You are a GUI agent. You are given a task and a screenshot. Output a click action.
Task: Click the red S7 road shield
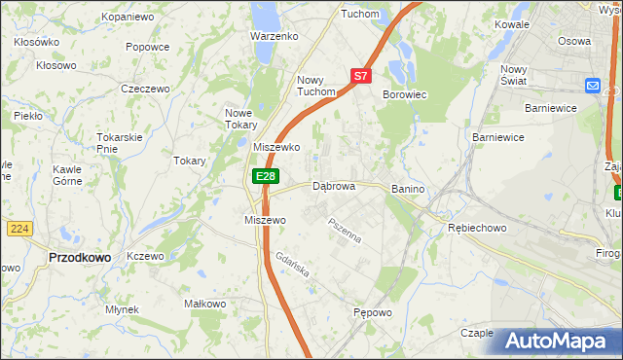click(x=360, y=75)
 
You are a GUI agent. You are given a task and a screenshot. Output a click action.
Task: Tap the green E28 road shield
click(x=266, y=176)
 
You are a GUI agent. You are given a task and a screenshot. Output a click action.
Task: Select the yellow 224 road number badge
click(x=18, y=229)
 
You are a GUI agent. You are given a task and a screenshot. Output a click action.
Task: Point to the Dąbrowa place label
click(x=333, y=186)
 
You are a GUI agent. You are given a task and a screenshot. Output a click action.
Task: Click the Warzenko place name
click(x=274, y=35)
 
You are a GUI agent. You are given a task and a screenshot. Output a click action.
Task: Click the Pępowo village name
click(x=373, y=313)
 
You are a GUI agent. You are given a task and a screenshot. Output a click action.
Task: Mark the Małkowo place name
click(x=205, y=305)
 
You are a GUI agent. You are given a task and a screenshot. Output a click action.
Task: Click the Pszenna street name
click(x=345, y=231)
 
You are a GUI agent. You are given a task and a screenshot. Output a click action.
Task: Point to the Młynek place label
click(x=123, y=309)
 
